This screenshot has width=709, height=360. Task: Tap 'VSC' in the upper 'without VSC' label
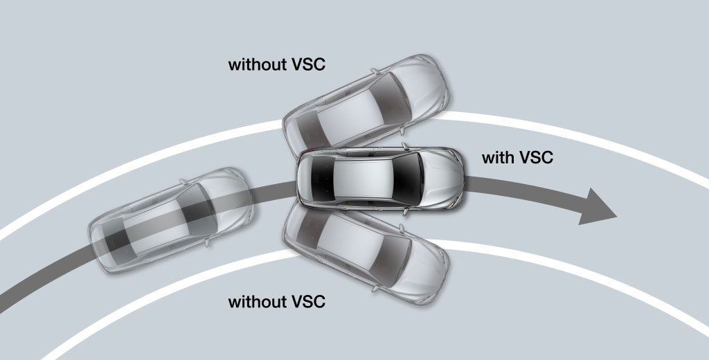[x=307, y=66]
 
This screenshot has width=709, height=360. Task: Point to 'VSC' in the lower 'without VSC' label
[x=307, y=303]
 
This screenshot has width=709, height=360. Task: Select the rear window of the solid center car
[x=318, y=177]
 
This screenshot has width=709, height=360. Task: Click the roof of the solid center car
[x=364, y=177]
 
